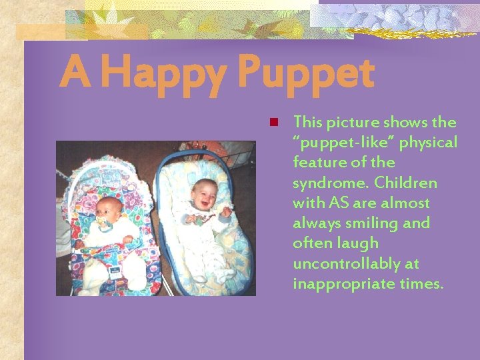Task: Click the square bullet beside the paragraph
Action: pyautogui.click(x=273, y=122)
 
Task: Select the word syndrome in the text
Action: pyautogui.click(x=329, y=183)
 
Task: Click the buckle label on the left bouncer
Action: pyautogui.click(x=114, y=272)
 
